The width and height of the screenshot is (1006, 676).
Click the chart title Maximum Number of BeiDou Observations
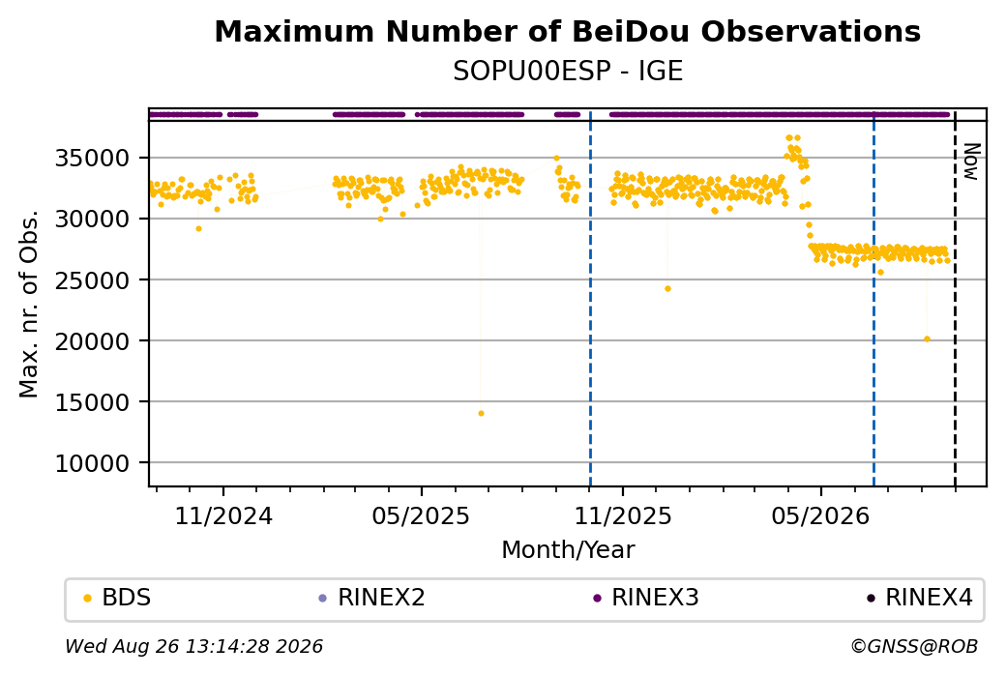567,31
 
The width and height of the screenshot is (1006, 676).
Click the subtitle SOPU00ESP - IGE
567,71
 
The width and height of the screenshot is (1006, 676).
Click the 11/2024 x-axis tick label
223,515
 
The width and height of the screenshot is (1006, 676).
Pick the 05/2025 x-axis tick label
421,515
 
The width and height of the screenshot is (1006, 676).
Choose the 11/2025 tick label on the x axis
622,515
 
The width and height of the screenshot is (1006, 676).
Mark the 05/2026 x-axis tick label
820,515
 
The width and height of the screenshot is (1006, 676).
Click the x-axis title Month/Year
568,549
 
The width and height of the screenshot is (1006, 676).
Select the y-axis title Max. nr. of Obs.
29,304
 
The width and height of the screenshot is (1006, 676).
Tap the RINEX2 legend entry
372,598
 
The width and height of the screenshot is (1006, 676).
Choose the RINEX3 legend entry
646,598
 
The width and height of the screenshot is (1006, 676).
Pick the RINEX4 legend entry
920,598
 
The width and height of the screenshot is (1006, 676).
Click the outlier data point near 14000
481,414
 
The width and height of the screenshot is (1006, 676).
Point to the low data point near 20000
927,339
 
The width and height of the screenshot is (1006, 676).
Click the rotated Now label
972,162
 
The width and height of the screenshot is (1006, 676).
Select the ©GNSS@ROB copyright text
914,646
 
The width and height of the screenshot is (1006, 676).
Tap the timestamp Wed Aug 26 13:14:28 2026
194,646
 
